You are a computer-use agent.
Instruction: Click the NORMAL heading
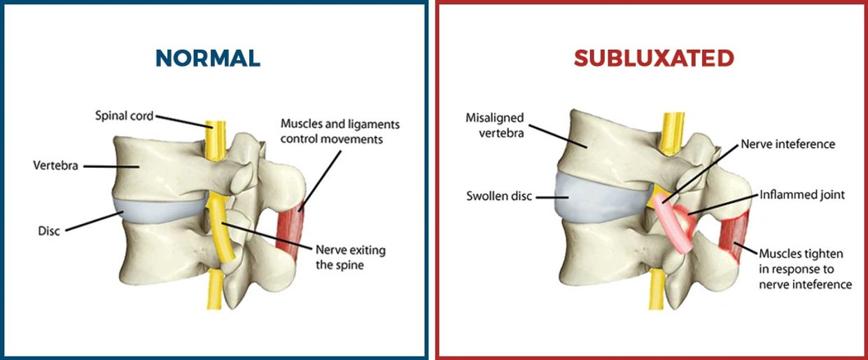[x=208, y=58]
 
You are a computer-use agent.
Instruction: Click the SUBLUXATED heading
[x=653, y=58]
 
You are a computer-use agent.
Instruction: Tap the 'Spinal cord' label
[x=124, y=116]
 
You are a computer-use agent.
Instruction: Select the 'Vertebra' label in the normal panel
[x=55, y=166]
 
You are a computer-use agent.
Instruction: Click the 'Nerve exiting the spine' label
[x=350, y=258]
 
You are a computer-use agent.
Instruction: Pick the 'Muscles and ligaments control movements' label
[x=340, y=131]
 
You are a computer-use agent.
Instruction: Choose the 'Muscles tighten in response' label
[x=805, y=269]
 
